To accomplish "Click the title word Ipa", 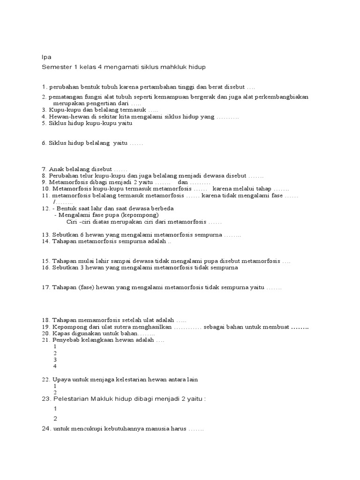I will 46,57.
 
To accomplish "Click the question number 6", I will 44,143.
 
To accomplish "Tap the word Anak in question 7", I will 57,169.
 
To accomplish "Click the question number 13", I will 45,234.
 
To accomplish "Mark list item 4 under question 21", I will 55,366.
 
